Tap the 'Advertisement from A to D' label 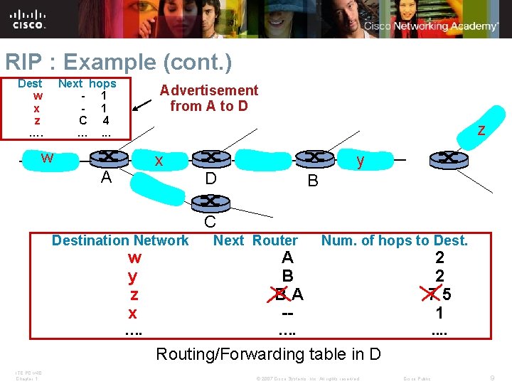click(209, 98)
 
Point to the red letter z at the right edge click(481, 130)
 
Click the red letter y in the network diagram click(361, 161)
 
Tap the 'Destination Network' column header click(120, 240)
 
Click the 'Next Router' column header click(255, 240)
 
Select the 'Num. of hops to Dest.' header click(395, 240)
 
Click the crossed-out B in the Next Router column click(281, 294)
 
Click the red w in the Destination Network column click(134, 257)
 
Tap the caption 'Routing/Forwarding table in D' click(268, 353)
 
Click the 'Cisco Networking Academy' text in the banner click(431, 26)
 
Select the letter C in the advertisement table click(83, 120)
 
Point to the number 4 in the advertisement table click(105, 120)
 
